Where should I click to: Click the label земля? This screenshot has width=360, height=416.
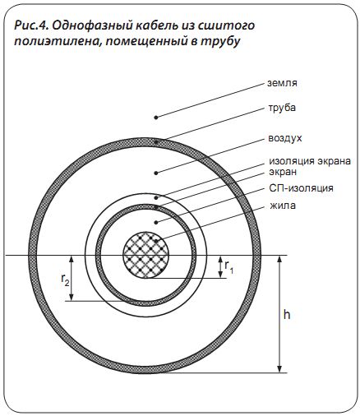(282, 83)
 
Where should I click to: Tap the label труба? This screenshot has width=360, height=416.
(282, 108)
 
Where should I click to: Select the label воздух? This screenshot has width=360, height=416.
(285, 138)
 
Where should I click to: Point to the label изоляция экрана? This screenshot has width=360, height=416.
(310, 161)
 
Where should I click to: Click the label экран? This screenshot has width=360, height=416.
(283, 173)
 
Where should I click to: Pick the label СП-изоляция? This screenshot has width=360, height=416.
(301, 188)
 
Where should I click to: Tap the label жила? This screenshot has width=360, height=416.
(283, 206)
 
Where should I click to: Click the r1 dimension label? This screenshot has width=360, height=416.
(229, 266)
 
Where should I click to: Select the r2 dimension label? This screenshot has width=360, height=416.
(65, 280)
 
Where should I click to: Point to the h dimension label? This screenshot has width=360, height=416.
(287, 315)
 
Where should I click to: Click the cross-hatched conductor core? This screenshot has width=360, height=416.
(145, 256)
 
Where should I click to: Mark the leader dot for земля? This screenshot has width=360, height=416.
(156, 118)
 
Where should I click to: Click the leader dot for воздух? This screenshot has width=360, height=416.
(156, 173)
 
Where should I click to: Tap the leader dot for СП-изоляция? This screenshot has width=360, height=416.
(156, 222)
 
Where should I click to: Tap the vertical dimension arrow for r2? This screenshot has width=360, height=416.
(72, 278)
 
